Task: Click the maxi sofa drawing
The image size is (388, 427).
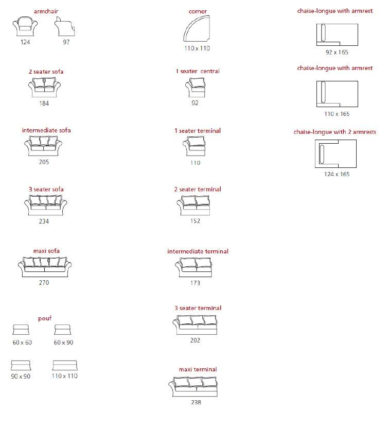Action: click(x=45, y=267)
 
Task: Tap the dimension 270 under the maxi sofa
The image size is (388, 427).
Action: click(x=44, y=283)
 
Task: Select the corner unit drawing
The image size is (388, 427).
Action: click(x=197, y=29)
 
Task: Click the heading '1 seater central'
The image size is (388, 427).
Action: click(x=198, y=71)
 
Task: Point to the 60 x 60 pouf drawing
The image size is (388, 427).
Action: click(x=21, y=330)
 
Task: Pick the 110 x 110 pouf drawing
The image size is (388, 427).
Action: click(x=65, y=365)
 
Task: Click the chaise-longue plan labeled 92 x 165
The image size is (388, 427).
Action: click(x=337, y=35)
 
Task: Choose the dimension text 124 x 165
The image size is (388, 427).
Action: click(x=337, y=174)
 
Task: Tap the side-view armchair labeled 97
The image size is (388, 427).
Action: click(x=64, y=26)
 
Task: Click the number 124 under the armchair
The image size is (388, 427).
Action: click(x=25, y=42)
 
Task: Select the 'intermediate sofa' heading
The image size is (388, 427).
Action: click(x=46, y=130)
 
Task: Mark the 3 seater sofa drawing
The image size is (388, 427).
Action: click(x=45, y=206)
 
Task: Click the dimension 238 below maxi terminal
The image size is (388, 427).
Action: click(x=196, y=402)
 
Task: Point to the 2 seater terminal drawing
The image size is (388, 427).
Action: click(x=193, y=206)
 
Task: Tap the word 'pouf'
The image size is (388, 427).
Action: click(x=45, y=318)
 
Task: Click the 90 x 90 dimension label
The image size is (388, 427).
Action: click(x=21, y=377)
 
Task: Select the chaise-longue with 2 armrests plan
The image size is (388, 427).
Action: click(x=336, y=153)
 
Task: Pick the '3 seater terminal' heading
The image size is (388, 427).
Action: click(x=198, y=308)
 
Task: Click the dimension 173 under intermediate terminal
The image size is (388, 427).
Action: click(x=195, y=283)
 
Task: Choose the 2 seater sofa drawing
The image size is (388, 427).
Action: click(x=44, y=88)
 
